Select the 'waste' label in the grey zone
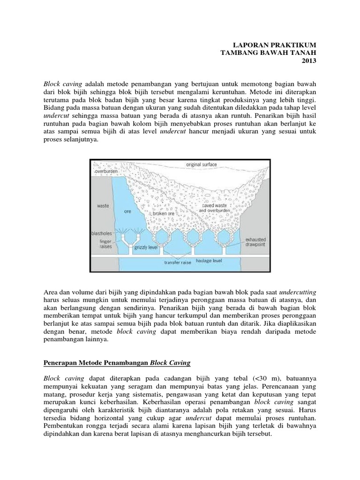[x=103, y=205]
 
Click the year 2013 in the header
[x=309, y=61]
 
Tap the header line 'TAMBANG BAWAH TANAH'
[x=269, y=53]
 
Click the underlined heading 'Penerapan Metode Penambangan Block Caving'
[x=117, y=363]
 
